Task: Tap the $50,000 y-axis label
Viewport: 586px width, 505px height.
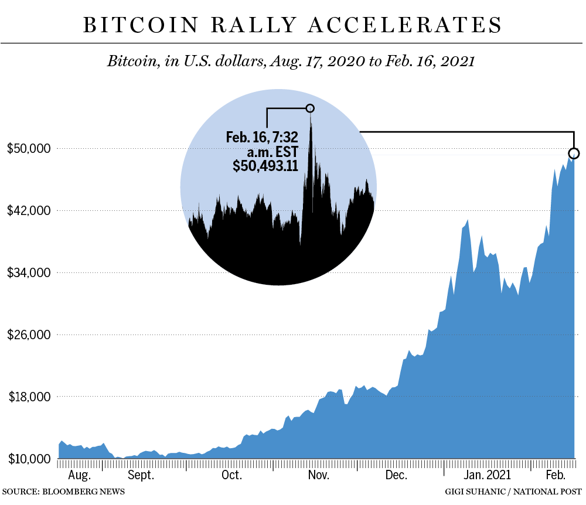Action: pos(28,148)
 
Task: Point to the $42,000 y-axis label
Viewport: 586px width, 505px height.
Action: pos(28,210)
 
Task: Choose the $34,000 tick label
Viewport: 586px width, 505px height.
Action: pos(28,272)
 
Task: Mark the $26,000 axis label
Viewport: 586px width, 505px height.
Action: pos(28,335)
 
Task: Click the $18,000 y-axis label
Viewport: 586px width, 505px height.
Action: pos(28,397)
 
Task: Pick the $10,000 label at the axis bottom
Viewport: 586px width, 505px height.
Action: pos(28,459)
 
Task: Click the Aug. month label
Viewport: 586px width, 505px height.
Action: pos(80,475)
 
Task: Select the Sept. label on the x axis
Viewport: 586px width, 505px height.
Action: pos(141,475)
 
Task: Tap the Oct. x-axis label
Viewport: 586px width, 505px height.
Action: pos(231,475)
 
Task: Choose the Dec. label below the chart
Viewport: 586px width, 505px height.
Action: pos(396,475)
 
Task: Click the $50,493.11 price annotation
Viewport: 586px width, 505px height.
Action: pos(265,166)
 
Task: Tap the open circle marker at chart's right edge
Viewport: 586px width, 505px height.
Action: pos(574,153)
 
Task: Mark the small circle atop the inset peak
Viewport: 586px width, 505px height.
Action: pos(310,108)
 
